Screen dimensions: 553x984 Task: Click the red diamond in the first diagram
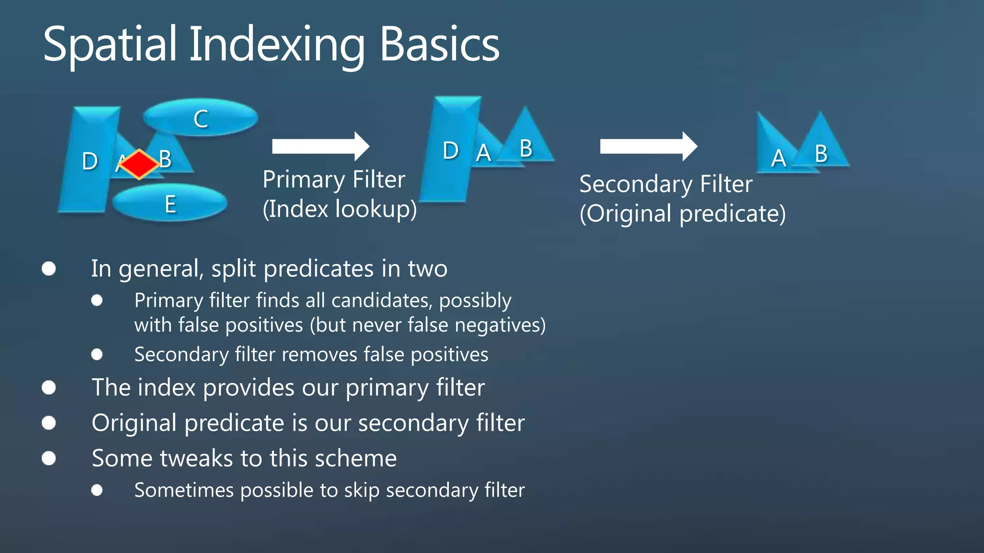[x=139, y=164]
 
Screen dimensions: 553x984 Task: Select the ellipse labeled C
[x=200, y=118]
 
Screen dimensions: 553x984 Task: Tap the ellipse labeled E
[x=170, y=203]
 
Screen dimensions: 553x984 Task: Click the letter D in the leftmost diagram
[x=90, y=161]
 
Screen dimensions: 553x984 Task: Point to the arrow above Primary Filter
[x=320, y=146]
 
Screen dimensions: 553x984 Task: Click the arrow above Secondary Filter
[x=648, y=146]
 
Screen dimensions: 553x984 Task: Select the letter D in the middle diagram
[x=450, y=151]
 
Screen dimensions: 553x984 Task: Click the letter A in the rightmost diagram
[x=778, y=158]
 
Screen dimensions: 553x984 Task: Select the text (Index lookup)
[x=340, y=209]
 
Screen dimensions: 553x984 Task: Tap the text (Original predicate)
[x=682, y=214]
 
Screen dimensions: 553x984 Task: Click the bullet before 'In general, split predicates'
[x=49, y=268]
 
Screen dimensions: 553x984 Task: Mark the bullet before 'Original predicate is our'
[x=49, y=423]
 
